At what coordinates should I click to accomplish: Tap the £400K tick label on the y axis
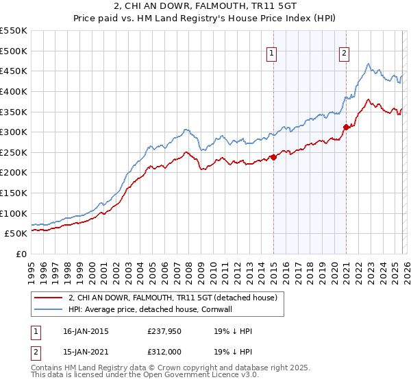point(14,91)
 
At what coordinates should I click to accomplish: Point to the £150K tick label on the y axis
point(14,193)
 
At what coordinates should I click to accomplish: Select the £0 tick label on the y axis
point(21,254)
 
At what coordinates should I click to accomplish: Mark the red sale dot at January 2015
point(273,157)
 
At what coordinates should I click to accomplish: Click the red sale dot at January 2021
point(346,127)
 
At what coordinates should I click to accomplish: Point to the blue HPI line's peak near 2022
point(369,64)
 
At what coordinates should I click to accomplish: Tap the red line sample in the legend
point(49,298)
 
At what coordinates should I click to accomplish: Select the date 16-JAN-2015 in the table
point(83,331)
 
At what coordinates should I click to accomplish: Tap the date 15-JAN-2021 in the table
point(83,352)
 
